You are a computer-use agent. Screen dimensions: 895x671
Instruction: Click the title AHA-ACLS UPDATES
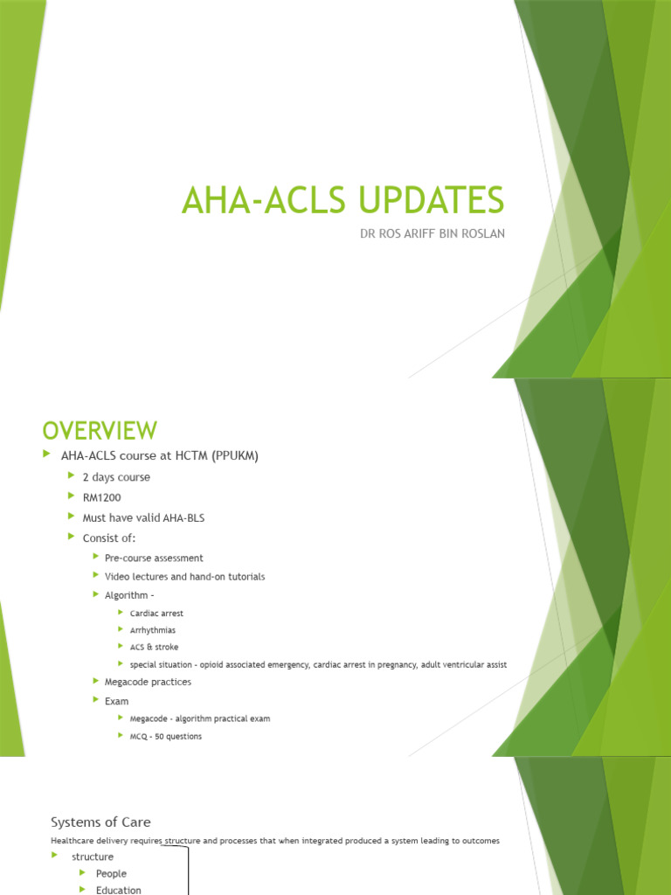(342, 200)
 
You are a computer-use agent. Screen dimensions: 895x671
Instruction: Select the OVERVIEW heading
(100, 430)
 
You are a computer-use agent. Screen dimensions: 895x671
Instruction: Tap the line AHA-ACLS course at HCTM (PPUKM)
(160, 456)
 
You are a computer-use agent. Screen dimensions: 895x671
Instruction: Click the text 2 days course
(116, 477)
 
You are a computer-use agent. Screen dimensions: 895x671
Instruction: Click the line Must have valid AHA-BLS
(143, 517)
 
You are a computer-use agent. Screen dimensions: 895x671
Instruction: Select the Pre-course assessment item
(154, 558)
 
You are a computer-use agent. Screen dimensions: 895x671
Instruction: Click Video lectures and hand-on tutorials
(184, 577)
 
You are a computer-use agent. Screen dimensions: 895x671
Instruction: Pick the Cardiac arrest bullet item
(156, 614)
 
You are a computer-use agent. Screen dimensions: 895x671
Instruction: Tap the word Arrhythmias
(152, 630)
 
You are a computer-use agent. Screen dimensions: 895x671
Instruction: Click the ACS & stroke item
(153, 647)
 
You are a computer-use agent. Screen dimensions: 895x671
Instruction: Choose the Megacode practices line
(148, 682)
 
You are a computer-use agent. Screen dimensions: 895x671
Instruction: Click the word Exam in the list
(116, 701)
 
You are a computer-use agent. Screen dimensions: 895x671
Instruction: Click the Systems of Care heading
(100, 822)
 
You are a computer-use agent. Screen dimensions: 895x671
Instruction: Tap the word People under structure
(111, 873)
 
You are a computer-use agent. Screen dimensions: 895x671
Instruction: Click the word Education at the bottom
(118, 890)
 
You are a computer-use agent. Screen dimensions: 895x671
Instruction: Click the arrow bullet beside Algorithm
(96, 594)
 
